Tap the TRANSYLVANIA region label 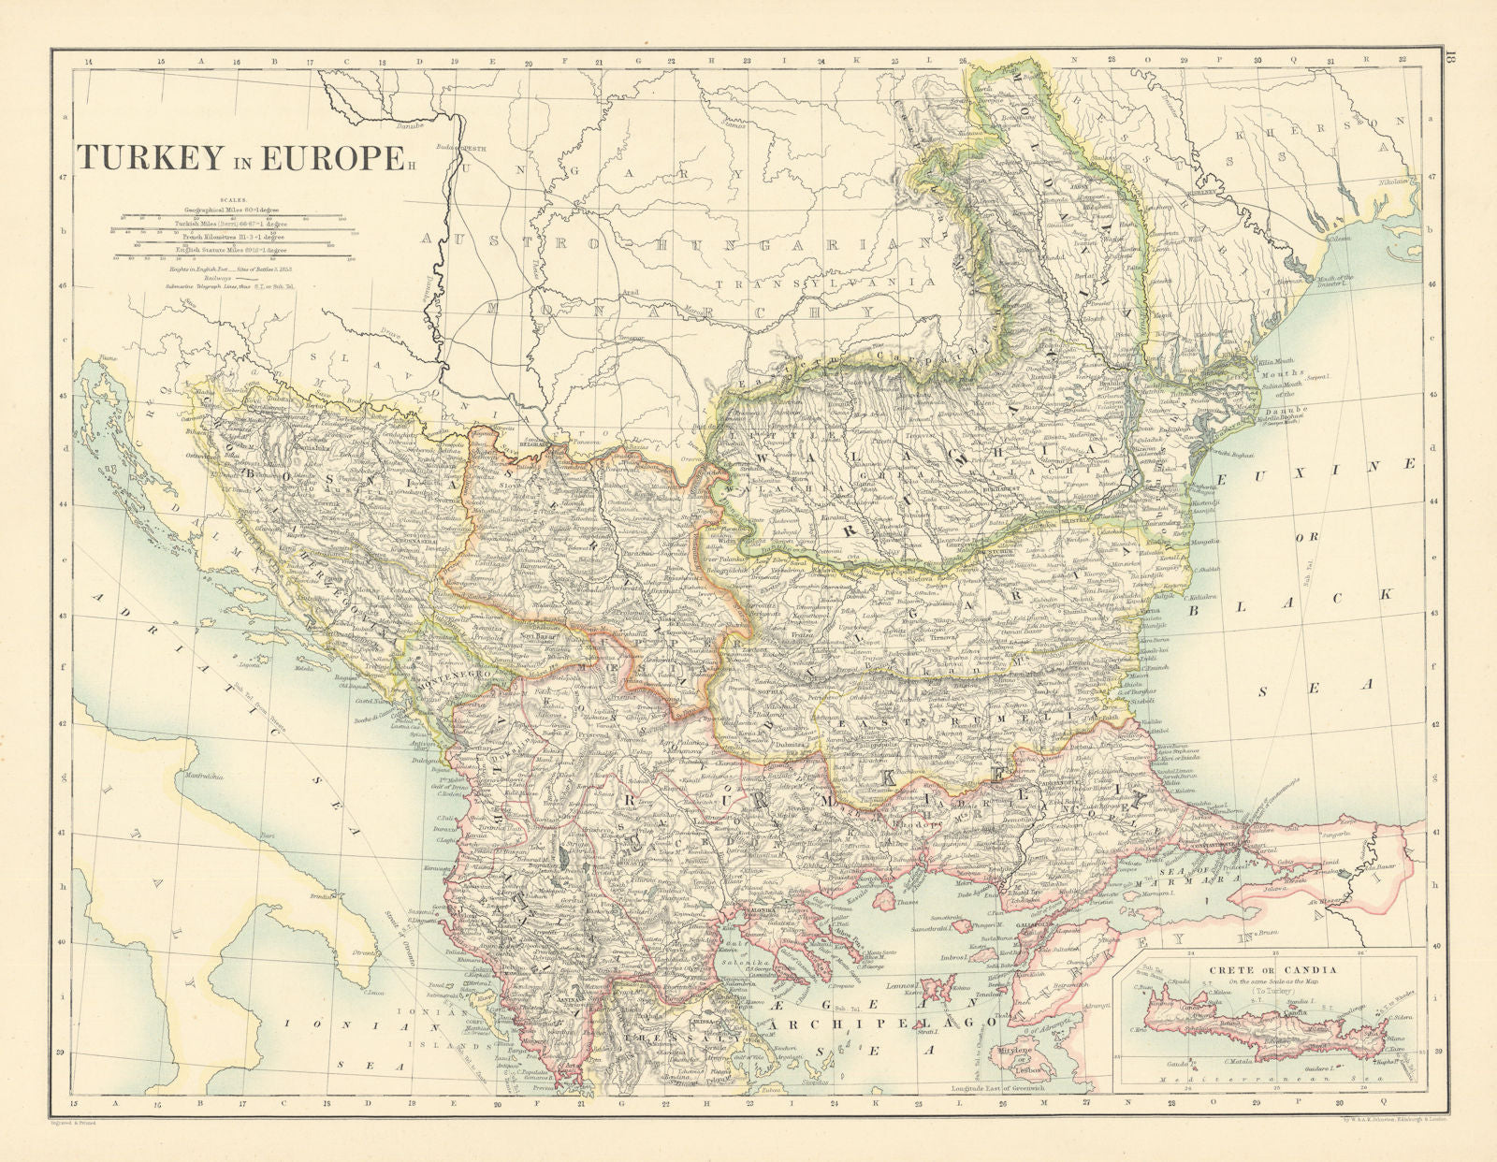(x=823, y=282)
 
